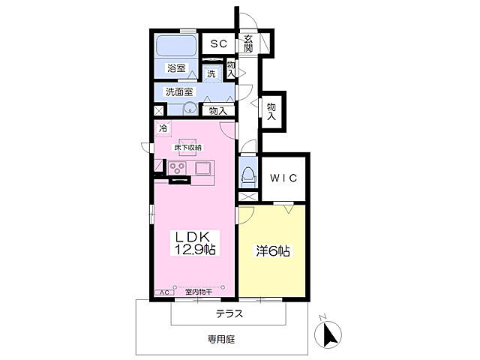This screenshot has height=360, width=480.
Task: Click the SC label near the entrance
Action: [219, 43]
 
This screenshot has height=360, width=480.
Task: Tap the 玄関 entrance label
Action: [248, 43]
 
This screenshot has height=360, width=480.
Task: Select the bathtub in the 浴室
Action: [176, 46]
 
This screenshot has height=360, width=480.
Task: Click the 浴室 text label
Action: [176, 68]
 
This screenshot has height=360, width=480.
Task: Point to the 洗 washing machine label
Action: [211, 73]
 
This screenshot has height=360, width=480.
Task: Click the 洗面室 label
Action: [179, 91]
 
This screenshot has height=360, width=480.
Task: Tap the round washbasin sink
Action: [190, 108]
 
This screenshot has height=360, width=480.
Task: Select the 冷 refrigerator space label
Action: [163, 128]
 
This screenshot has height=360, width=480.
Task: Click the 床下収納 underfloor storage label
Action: [188, 148]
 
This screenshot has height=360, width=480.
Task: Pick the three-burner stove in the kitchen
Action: [178, 168]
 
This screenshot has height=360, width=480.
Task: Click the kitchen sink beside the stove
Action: [202, 169]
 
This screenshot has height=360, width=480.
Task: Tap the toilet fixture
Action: [248, 177]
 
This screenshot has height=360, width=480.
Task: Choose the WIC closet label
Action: [283, 178]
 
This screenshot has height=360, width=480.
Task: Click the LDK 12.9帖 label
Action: [195, 243]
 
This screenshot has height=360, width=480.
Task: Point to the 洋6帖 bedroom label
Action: [273, 251]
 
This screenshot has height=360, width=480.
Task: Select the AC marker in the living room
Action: [165, 292]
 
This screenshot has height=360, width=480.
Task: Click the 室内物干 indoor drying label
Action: [198, 292]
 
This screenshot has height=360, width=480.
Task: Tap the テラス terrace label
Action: [229, 313]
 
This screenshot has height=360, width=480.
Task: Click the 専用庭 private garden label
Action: [221, 339]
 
